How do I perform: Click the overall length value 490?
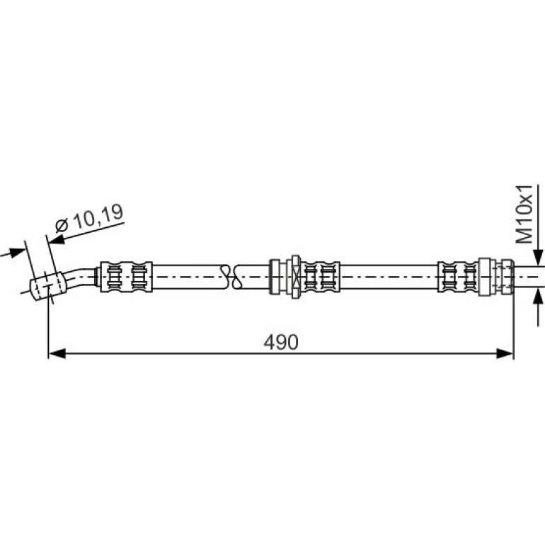(x=281, y=342)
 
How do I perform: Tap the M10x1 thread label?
(x=524, y=214)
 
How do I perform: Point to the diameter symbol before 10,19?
(x=62, y=226)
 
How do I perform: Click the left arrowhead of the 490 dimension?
(x=57, y=354)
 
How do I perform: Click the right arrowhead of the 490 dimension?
(x=505, y=354)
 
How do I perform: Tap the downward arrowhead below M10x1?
(x=539, y=257)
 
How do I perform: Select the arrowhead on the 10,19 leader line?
(x=57, y=239)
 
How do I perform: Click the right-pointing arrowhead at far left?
(x=16, y=253)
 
